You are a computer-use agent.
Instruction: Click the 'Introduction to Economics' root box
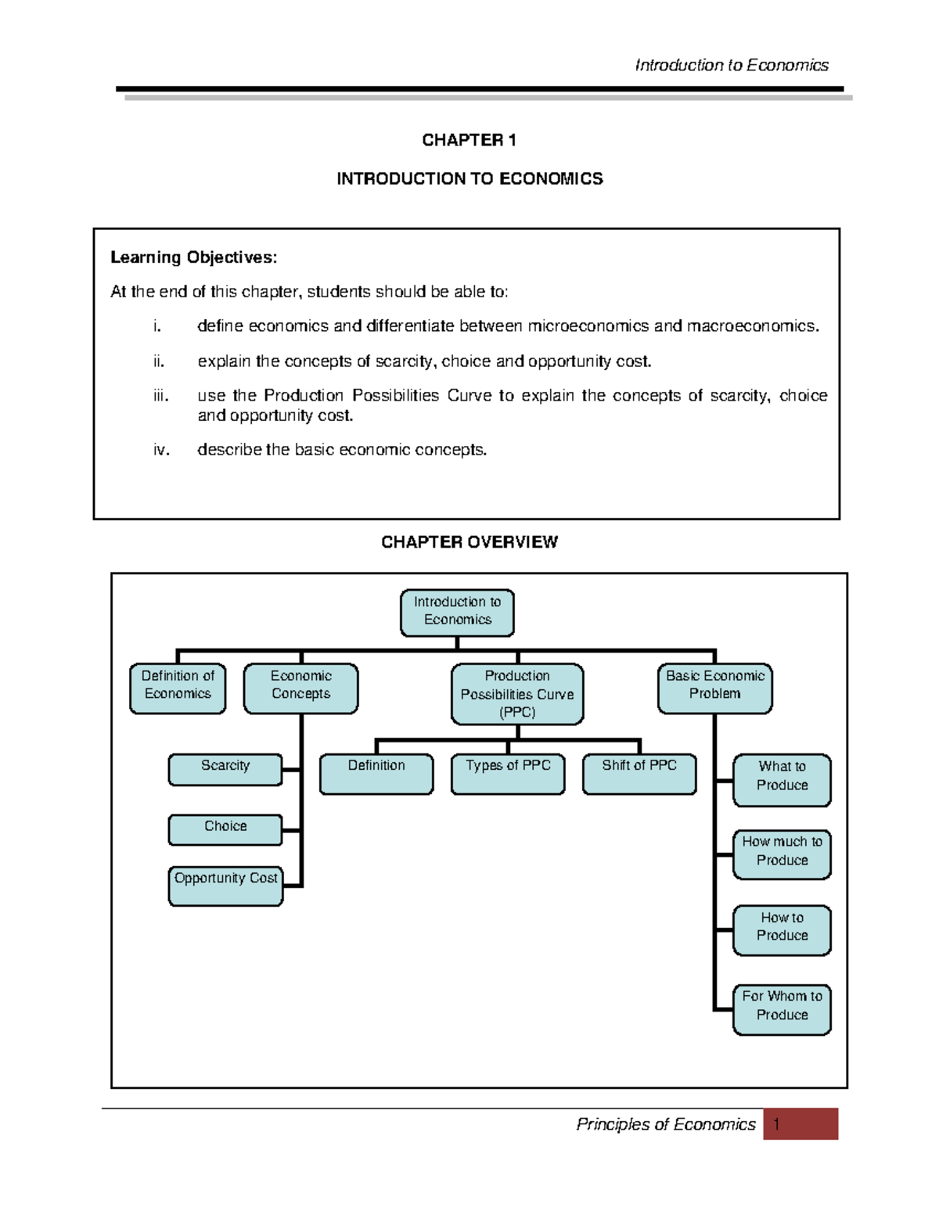[457, 612]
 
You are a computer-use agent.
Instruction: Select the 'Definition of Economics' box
[178, 688]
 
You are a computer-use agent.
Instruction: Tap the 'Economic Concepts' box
[300, 688]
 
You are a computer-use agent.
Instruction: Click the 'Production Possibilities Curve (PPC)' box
[517, 693]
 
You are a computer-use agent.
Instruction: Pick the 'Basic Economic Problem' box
[714, 688]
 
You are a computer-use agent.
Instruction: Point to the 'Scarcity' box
[225, 769]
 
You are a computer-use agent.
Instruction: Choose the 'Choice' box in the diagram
[225, 829]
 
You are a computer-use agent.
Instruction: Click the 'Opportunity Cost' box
[225, 885]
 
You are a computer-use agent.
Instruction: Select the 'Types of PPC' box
[508, 773]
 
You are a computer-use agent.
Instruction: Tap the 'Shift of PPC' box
[639, 773]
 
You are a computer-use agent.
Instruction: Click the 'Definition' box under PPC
[376, 773]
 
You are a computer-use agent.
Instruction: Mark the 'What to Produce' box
[782, 779]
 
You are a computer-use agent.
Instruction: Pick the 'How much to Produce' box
[782, 854]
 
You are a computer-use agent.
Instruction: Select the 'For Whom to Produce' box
[782, 1008]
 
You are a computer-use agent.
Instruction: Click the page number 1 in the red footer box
[776, 1124]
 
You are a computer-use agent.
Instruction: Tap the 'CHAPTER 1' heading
[469, 140]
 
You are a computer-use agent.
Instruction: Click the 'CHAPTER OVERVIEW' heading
[469, 542]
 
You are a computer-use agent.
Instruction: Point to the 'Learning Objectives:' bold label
[193, 257]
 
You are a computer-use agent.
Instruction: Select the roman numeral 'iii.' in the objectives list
[160, 396]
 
